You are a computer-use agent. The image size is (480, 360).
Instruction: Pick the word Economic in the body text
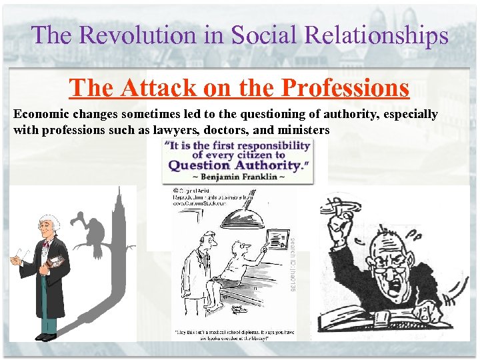click(40, 114)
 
